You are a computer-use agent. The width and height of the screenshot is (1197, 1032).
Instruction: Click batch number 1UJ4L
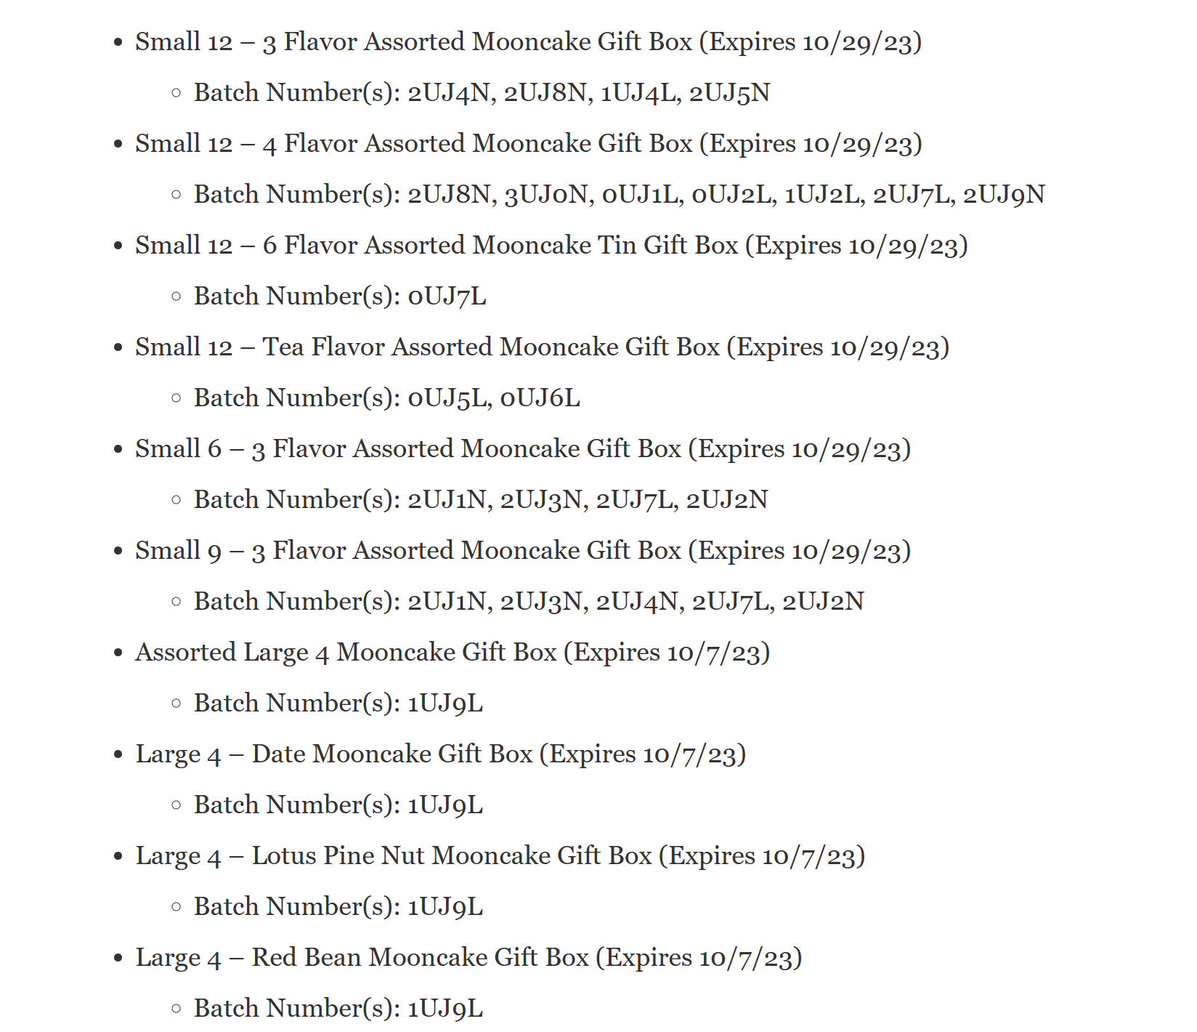tap(640, 93)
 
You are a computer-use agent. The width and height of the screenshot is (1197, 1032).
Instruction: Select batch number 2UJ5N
tap(729, 93)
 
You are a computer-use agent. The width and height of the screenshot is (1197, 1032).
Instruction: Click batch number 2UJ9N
tap(1004, 195)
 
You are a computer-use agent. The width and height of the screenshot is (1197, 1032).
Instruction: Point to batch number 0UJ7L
tap(447, 297)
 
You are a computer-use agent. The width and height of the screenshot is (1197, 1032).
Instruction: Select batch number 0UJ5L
tap(448, 398)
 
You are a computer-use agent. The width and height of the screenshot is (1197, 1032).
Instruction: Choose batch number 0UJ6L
tap(540, 398)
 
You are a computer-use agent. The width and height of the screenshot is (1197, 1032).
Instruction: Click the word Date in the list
tap(278, 754)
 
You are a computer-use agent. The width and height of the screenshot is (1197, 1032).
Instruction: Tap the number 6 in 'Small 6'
tap(214, 449)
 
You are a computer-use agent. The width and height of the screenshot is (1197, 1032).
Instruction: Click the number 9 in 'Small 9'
tap(214, 552)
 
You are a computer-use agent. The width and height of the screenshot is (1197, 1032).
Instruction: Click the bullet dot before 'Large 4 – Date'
tap(118, 755)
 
